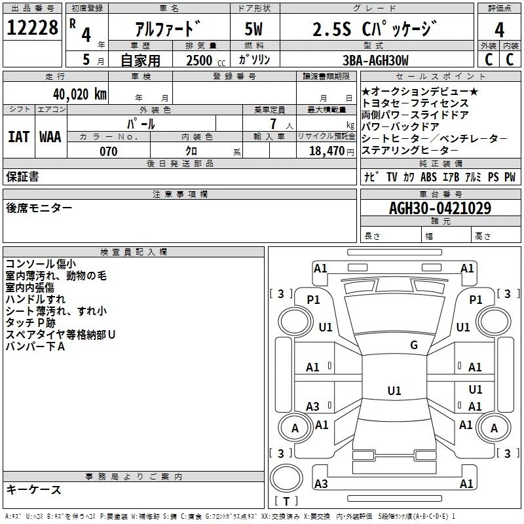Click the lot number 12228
pyautogui.click(x=32, y=28)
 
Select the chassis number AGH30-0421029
pyautogui.click(x=440, y=208)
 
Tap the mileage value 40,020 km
pyautogui.click(x=79, y=94)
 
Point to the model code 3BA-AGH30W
pyautogui.click(x=375, y=60)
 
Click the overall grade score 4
pyautogui.click(x=499, y=29)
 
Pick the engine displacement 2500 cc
pyautogui.click(x=206, y=60)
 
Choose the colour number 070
pyautogui.click(x=109, y=151)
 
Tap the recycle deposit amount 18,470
pyautogui.click(x=326, y=151)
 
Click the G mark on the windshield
pyautogui.click(x=414, y=345)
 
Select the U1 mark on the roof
pyautogui.click(x=394, y=390)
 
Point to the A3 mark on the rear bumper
pyautogui.click(x=321, y=483)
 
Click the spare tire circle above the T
pyautogui.click(x=286, y=478)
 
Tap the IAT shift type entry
pyautogui.click(x=18, y=137)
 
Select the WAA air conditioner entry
pyautogui.click(x=50, y=137)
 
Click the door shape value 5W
pyautogui.click(x=253, y=29)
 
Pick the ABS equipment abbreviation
pyautogui.click(x=428, y=177)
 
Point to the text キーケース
pyautogui.click(x=33, y=490)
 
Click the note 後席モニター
pyautogui.click(x=39, y=208)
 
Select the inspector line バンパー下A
pyautogui.click(x=35, y=346)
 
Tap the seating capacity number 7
pyautogui.click(x=273, y=124)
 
